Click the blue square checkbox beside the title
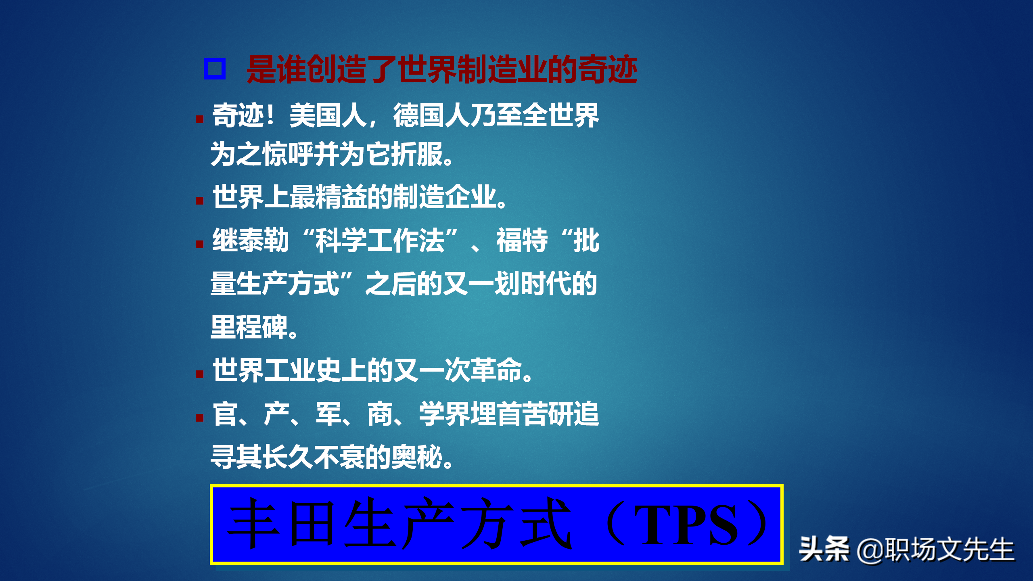pyautogui.click(x=214, y=69)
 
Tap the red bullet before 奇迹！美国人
pyautogui.click(x=199, y=119)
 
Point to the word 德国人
pyautogui.click(x=431, y=116)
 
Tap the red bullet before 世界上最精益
pyautogui.click(x=199, y=201)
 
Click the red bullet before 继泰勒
pyautogui.click(x=199, y=244)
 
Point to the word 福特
pyautogui.click(x=522, y=240)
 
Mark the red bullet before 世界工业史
pyautogui.click(x=199, y=374)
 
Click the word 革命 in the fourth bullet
pyautogui.click(x=496, y=370)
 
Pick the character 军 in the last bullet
pyautogui.click(x=328, y=414)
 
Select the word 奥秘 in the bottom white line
pyautogui.click(x=418, y=458)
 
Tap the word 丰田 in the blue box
pyautogui.click(x=282, y=525)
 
